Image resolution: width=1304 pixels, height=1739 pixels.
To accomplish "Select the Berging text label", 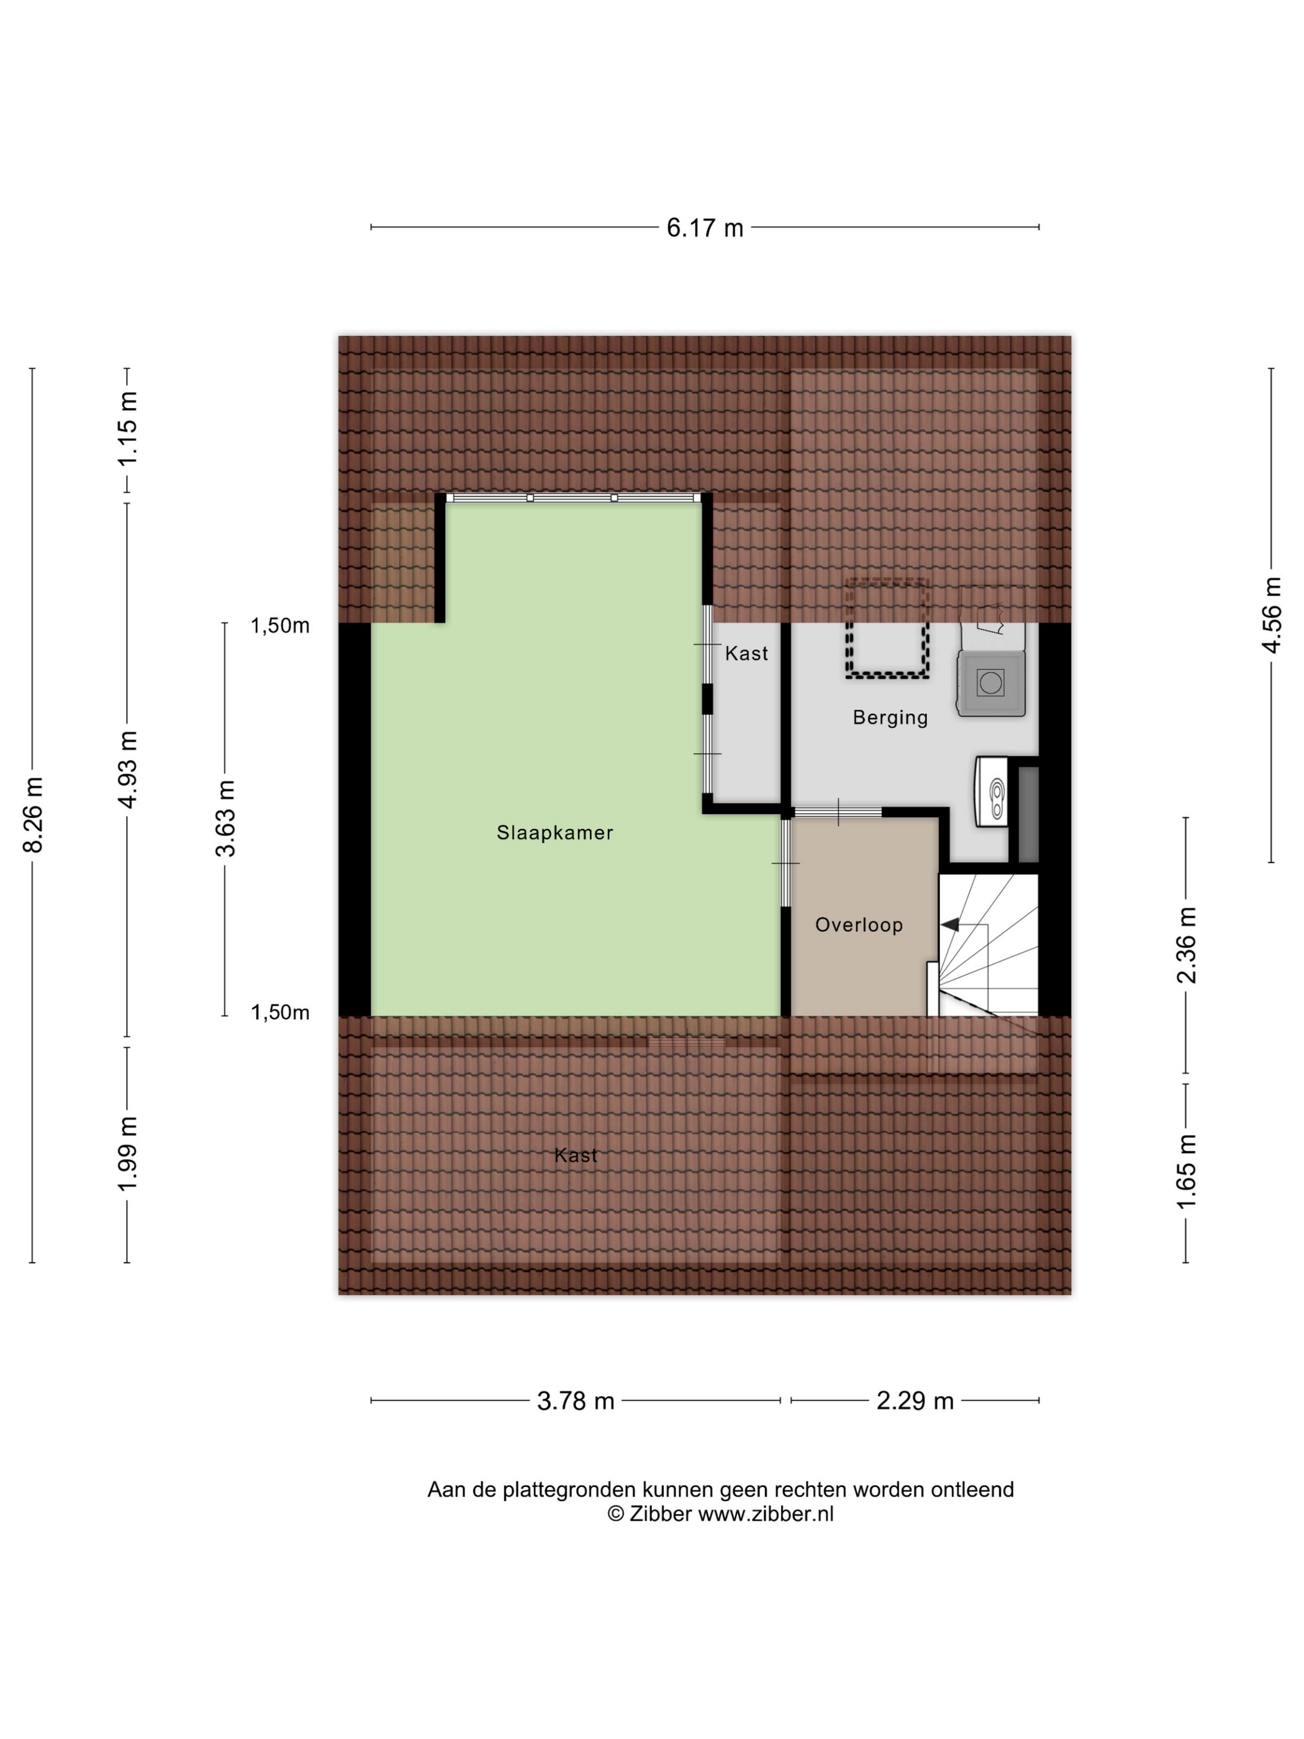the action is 890,718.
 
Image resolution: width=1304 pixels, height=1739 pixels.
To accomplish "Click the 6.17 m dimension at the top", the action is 704,228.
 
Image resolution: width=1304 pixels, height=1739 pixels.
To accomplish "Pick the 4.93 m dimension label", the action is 127,769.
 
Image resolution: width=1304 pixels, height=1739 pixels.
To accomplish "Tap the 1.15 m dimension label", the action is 127,429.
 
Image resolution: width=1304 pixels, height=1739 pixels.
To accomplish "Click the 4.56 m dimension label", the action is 1271,615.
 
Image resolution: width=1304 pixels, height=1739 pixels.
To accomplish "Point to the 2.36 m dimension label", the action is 1186,945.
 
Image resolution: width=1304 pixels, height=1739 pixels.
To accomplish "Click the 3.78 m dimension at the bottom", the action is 576,1401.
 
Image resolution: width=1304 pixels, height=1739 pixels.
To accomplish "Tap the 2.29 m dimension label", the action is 915,1401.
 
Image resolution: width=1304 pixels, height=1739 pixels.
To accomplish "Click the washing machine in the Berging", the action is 990,683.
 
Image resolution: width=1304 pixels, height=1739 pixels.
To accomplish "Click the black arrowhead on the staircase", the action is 950,925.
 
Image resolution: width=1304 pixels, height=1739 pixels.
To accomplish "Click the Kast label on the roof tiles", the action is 576,1156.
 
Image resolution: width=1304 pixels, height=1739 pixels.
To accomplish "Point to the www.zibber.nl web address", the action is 766,1514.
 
